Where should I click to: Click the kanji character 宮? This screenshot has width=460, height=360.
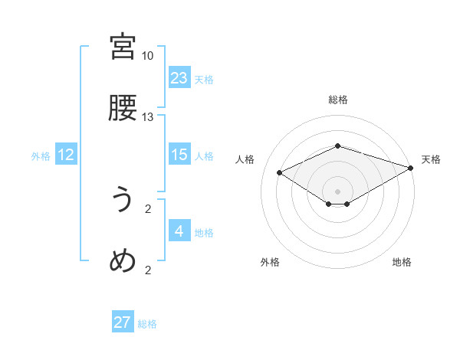(x=123, y=47)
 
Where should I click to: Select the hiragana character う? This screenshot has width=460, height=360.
(x=123, y=200)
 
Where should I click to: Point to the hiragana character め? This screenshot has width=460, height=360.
(x=123, y=261)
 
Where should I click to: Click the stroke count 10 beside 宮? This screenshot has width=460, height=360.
(x=148, y=56)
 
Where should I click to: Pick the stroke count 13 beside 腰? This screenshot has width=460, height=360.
(x=148, y=117)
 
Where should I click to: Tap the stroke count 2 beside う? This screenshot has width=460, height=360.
(x=148, y=208)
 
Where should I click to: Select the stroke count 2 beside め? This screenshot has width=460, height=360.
(x=148, y=270)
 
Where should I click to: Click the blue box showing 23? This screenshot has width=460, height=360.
(x=179, y=77)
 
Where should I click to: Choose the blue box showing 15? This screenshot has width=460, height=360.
(x=179, y=155)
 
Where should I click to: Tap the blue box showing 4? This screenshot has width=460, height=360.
(x=179, y=231)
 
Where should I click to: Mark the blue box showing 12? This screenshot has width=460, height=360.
(x=66, y=155)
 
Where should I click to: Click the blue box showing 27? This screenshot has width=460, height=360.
(x=123, y=322)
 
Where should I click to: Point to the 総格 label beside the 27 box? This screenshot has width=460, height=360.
(x=147, y=324)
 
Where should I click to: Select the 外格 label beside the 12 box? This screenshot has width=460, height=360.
(x=41, y=156)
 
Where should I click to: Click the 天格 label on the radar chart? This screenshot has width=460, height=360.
(x=431, y=159)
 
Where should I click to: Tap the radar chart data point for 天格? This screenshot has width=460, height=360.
(x=412, y=168)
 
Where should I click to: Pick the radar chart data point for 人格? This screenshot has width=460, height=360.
(x=280, y=172)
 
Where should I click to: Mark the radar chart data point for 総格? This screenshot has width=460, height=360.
(x=337, y=146)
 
